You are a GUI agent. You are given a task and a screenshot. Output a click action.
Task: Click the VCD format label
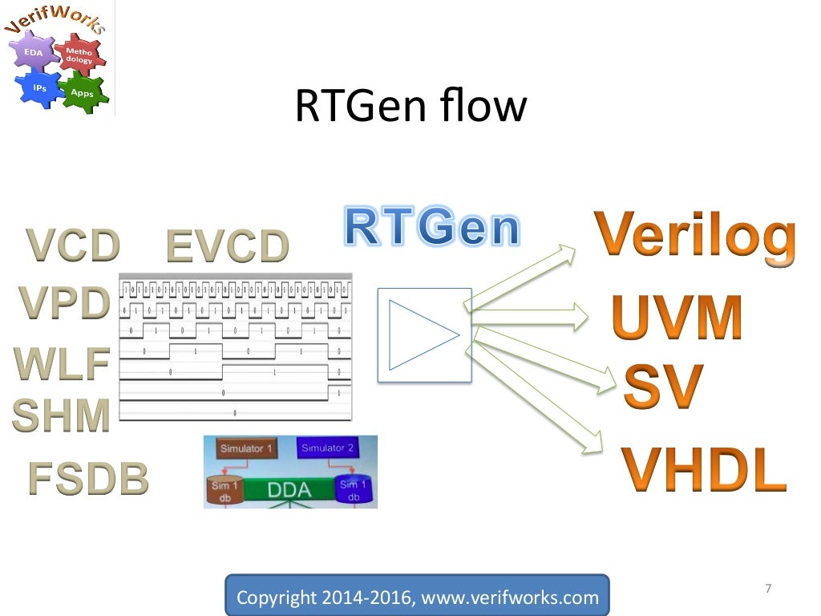pos(73,245)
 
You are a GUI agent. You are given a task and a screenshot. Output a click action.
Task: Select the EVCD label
pos(227,247)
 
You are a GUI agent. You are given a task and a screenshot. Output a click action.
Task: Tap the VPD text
pos(64,303)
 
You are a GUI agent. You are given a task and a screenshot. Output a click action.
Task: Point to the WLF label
pos(62,364)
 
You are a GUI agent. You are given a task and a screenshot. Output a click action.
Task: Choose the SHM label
pos(61,415)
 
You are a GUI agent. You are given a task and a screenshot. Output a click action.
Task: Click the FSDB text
pos(88,479)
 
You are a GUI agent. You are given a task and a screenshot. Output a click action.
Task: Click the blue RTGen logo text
pos(431,227)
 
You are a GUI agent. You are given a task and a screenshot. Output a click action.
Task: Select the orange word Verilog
pos(695,234)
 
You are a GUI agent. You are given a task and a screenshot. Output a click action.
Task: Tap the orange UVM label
pos(677,319)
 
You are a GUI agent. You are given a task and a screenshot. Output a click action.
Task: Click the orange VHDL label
pos(704,470)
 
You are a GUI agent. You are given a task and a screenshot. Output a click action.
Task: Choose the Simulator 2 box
pos(327,448)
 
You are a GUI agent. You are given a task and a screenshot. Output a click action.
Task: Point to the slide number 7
pos(768,590)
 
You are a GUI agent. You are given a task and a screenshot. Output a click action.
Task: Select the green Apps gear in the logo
pos(82,92)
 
